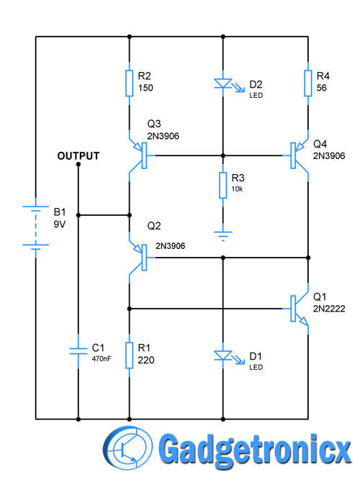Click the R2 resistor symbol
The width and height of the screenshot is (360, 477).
click(x=130, y=83)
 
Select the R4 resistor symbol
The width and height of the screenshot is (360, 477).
click(x=308, y=83)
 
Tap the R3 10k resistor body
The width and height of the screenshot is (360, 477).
click(x=223, y=186)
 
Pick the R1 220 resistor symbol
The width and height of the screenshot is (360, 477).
click(x=130, y=355)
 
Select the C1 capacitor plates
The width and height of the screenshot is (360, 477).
click(x=78, y=351)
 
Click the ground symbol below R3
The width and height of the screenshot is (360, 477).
click(x=223, y=234)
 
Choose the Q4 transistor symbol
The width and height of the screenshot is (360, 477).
click(x=299, y=155)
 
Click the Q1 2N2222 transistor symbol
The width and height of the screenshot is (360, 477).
click(x=299, y=309)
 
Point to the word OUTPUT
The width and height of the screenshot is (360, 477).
click(x=78, y=155)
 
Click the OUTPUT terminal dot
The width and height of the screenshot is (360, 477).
click(x=78, y=164)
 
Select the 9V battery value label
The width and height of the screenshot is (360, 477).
click(x=59, y=224)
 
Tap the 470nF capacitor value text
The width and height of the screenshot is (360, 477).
click(x=102, y=359)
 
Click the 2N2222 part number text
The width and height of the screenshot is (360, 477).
click(x=329, y=309)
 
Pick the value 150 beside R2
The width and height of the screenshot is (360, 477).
click(x=145, y=88)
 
